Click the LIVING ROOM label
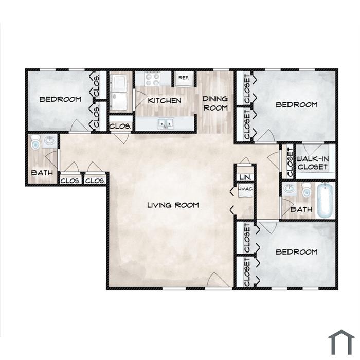coord(173,205)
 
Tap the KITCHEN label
coord(165,101)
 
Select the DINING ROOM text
coord(215,103)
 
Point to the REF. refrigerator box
coord(184,79)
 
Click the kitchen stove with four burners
coord(152,79)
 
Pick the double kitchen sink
coord(166,123)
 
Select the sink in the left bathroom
coord(49,140)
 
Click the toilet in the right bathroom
coord(307,190)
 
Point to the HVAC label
coord(245,189)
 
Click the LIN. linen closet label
coord(245,177)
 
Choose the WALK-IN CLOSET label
coord(313,163)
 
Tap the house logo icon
coord(341,341)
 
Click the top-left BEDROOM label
coord(60,99)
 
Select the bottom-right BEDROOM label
coord(296,252)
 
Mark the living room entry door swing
coord(218,280)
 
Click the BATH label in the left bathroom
coord(42,173)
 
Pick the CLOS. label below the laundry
coord(120,127)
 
